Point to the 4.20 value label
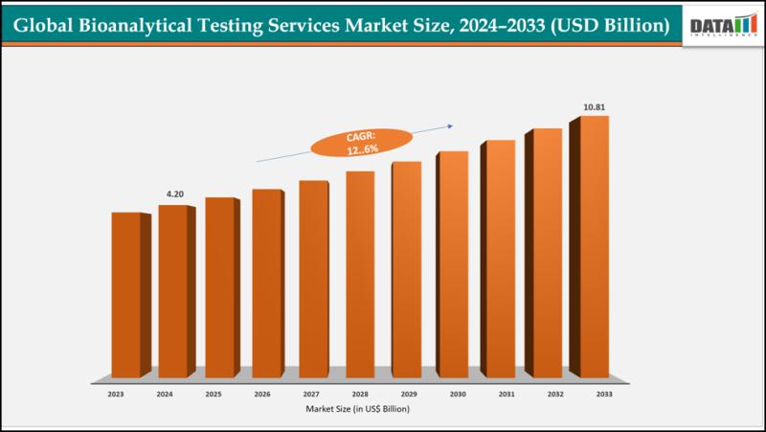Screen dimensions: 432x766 pos(175,194)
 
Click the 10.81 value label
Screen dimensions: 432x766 pos(594,107)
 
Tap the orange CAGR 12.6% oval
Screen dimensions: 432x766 pos(361,144)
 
